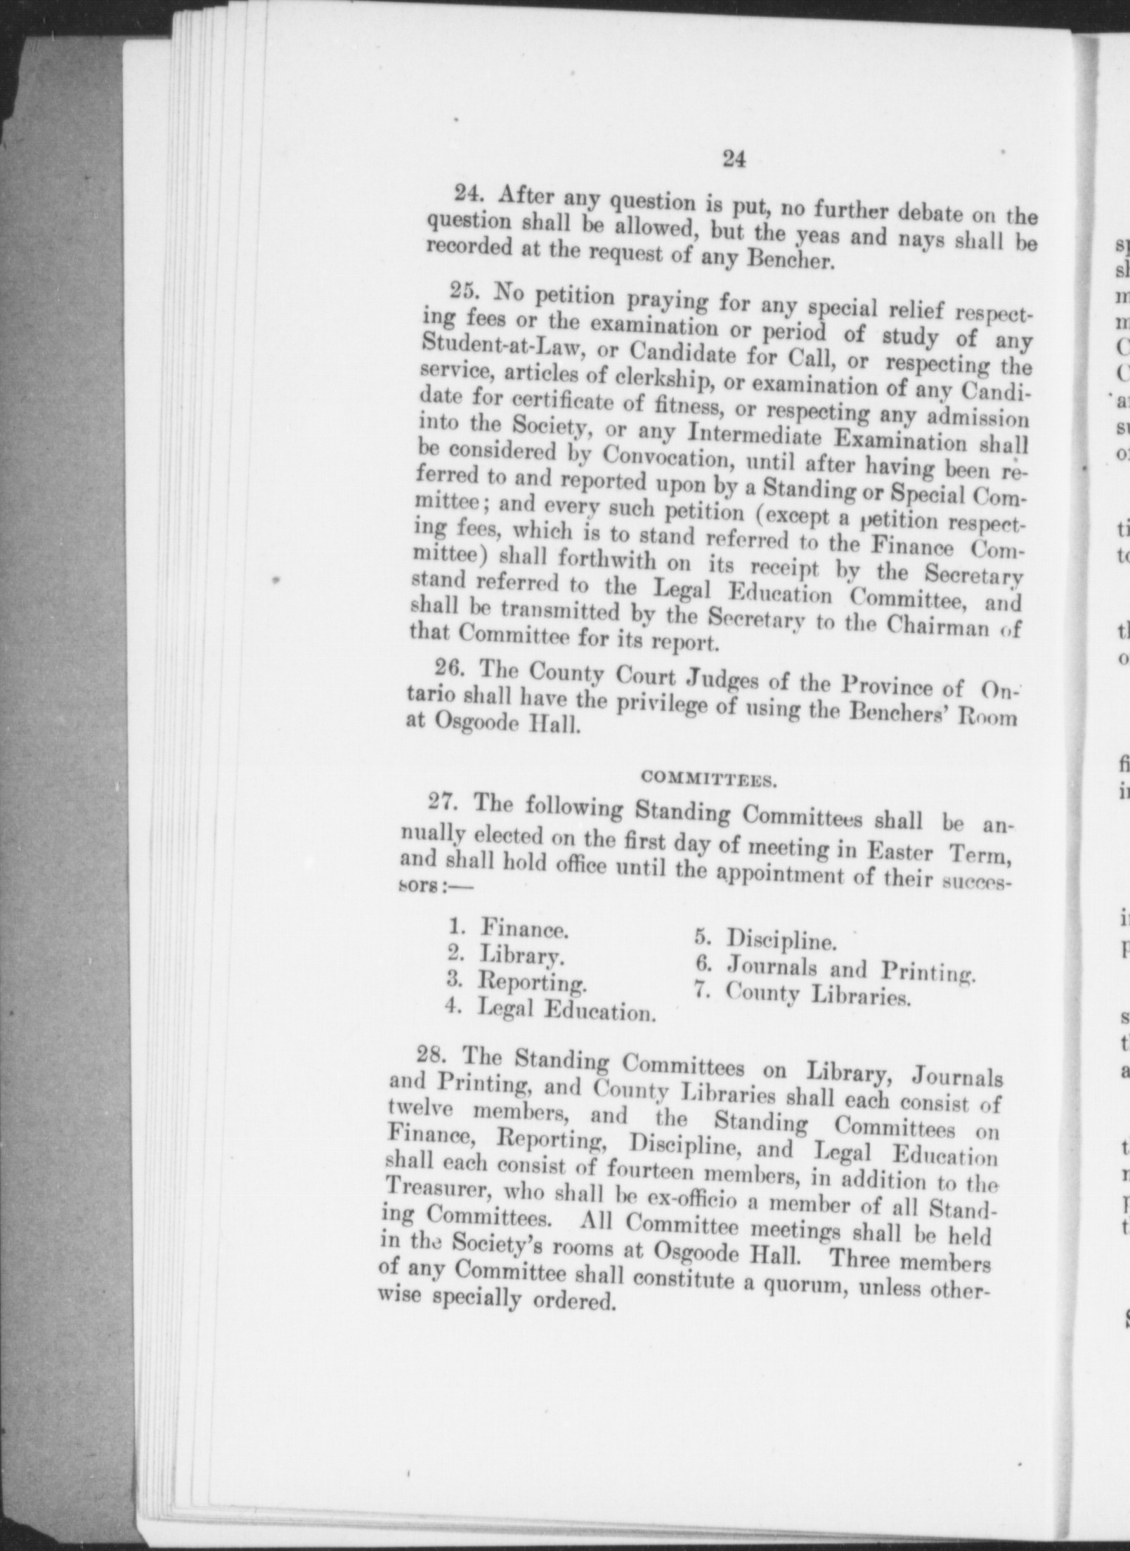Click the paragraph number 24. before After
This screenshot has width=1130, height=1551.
[467, 194]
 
